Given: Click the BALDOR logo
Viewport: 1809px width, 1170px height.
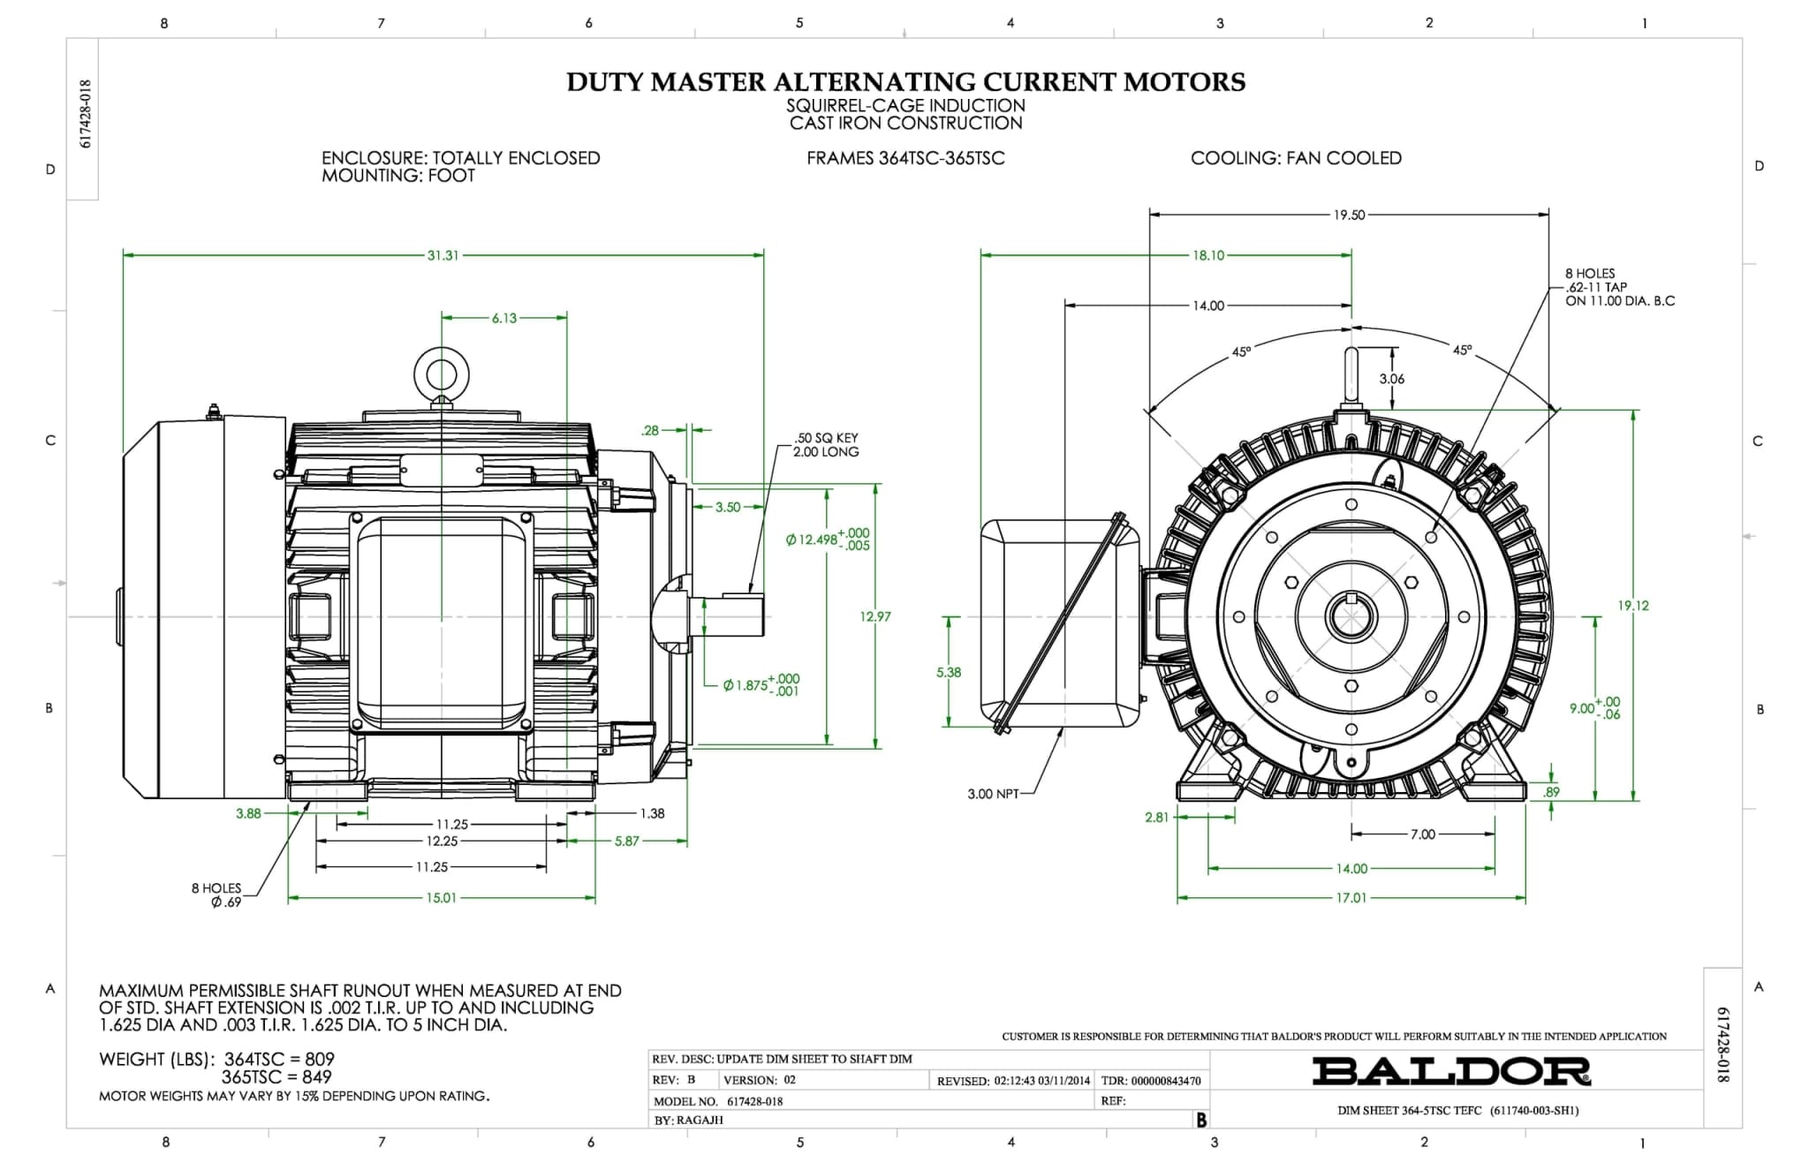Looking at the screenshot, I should (1450, 1071).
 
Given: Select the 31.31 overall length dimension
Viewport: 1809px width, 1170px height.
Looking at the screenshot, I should (443, 255).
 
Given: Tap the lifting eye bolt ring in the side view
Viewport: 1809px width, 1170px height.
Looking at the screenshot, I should (441, 372).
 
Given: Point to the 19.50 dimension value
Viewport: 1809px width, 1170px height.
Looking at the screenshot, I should (1349, 215).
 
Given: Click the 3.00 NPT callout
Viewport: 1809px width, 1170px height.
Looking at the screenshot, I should (993, 794).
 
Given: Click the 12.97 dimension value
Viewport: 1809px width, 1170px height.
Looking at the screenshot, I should (874, 616).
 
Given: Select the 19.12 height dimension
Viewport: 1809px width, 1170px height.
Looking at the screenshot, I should (1632, 606).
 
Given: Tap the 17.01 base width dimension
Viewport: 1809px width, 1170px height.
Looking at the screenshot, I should (1351, 898).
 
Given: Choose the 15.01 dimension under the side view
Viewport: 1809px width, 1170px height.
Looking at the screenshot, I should (442, 898).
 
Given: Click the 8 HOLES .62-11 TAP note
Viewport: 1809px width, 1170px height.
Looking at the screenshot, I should (1619, 287).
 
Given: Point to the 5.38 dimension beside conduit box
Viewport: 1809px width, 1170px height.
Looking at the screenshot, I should (948, 672).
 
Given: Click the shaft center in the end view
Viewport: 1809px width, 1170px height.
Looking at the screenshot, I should (1351, 615).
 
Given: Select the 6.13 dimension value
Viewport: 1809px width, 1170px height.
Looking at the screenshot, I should (504, 318).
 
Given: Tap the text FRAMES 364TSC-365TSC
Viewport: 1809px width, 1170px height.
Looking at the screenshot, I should (905, 158).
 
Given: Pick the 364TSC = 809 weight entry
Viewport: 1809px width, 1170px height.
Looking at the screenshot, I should (279, 1059).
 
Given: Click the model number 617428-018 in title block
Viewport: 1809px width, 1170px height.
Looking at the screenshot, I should (754, 1101).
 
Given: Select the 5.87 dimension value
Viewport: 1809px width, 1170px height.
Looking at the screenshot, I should (626, 842).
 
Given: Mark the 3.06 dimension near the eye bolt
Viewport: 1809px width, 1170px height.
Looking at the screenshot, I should (1391, 379).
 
